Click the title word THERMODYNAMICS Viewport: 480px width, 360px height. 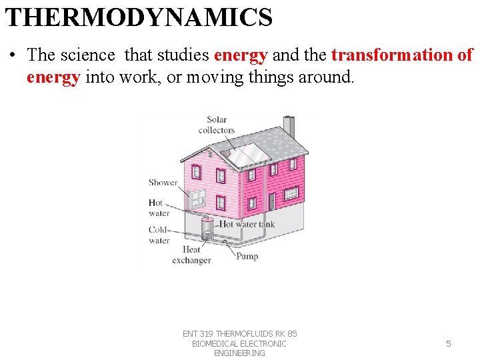[x=139, y=17]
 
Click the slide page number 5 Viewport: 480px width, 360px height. [x=448, y=343]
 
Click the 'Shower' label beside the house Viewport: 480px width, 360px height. [x=163, y=182]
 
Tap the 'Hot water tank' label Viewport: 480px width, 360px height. [x=247, y=225]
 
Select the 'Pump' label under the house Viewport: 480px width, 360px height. [x=247, y=256]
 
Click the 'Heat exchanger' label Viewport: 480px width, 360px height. [x=191, y=255]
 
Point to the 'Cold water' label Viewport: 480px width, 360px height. [x=159, y=235]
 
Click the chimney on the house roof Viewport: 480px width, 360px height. [x=289, y=125]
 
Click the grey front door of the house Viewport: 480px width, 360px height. [x=271, y=201]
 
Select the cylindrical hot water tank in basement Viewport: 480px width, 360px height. [x=208, y=231]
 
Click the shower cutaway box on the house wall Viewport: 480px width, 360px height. [x=197, y=198]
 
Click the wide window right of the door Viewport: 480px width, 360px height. [x=291, y=193]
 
